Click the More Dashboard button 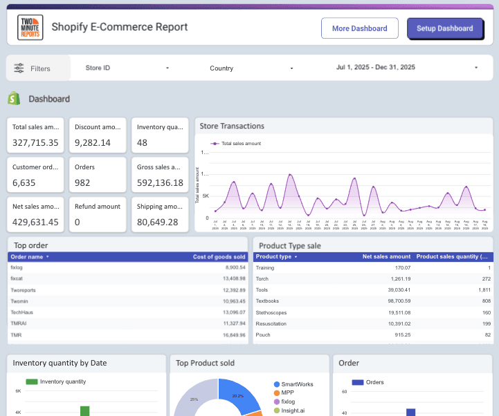point(359,28)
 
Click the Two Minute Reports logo point(30,28)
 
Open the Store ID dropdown point(127,68)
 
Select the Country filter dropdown point(251,68)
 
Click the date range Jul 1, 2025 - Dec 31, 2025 point(407,68)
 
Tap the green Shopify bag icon point(13,99)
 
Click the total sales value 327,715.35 point(35,143)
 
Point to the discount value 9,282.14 point(93,143)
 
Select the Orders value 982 point(83,182)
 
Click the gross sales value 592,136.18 point(160,182)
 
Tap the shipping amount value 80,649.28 point(158,222)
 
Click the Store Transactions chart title point(232,126)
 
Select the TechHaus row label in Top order point(22,312)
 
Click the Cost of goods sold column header point(219,257)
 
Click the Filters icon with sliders point(19,68)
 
